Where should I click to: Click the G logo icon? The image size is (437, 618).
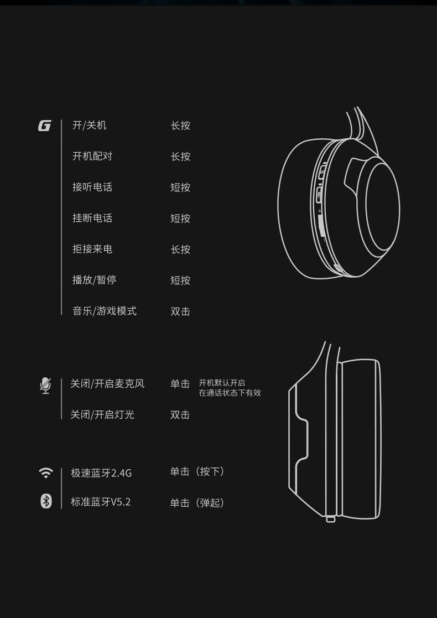point(44,126)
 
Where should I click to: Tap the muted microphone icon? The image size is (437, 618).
point(45,386)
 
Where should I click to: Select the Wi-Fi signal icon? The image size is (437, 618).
point(46,472)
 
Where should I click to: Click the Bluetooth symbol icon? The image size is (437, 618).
point(46,501)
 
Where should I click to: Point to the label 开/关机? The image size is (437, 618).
point(90,126)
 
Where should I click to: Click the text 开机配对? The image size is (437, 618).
point(92,156)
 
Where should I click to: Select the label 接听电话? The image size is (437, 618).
point(92,187)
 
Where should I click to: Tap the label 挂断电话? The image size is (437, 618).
point(92,218)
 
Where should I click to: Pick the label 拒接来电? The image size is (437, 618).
point(92,249)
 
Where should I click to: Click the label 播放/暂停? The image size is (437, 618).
point(94,280)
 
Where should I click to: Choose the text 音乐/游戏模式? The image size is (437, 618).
point(105,311)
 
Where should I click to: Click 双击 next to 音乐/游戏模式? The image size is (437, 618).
point(180,311)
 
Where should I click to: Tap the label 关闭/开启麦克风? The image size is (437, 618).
point(107,383)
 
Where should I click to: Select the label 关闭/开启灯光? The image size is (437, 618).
point(102,414)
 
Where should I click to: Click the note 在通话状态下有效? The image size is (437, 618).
point(230,393)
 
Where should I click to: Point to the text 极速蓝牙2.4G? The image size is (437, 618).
point(101,472)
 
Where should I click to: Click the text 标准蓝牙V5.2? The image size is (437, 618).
point(101,502)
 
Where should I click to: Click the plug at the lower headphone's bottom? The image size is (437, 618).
point(331,519)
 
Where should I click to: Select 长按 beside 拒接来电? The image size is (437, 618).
point(180,250)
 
